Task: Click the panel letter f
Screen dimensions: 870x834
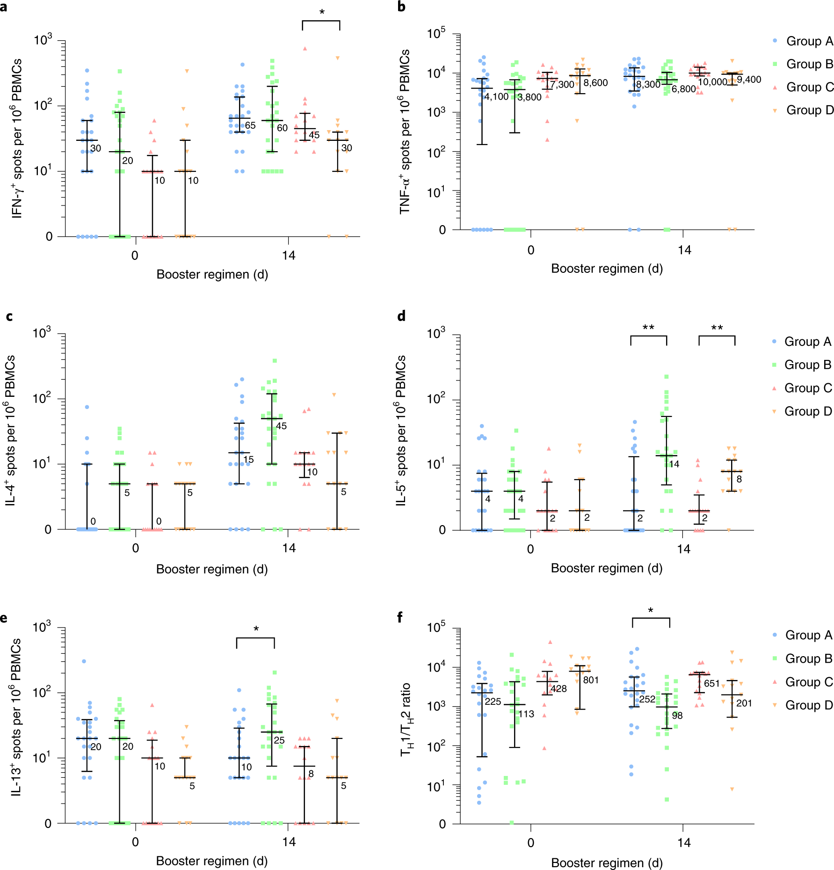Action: (400, 617)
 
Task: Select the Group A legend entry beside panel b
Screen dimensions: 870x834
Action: (803, 41)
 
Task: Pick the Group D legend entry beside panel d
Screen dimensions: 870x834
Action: (802, 411)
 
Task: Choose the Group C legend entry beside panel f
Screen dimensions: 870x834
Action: (803, 682)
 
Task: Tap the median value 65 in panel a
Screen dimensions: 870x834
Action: (250, 125)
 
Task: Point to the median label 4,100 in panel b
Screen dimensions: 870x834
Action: (496, 96)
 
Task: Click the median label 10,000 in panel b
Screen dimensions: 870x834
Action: (712, 82)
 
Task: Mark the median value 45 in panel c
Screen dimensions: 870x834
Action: (281, 426)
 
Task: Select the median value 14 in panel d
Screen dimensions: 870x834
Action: (674, 464)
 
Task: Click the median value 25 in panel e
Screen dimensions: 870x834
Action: (279, 740)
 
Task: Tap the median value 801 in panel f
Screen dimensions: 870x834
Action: (591, 680)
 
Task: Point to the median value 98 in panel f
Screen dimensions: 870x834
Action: (677, 716)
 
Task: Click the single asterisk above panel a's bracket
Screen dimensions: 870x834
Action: (322, 12)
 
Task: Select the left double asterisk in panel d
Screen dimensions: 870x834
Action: (648, 328)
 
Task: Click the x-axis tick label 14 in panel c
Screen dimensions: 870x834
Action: (289, 548)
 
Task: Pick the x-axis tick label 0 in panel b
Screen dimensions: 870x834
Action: (530, 250)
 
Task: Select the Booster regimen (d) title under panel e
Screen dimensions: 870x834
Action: (211, 861)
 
